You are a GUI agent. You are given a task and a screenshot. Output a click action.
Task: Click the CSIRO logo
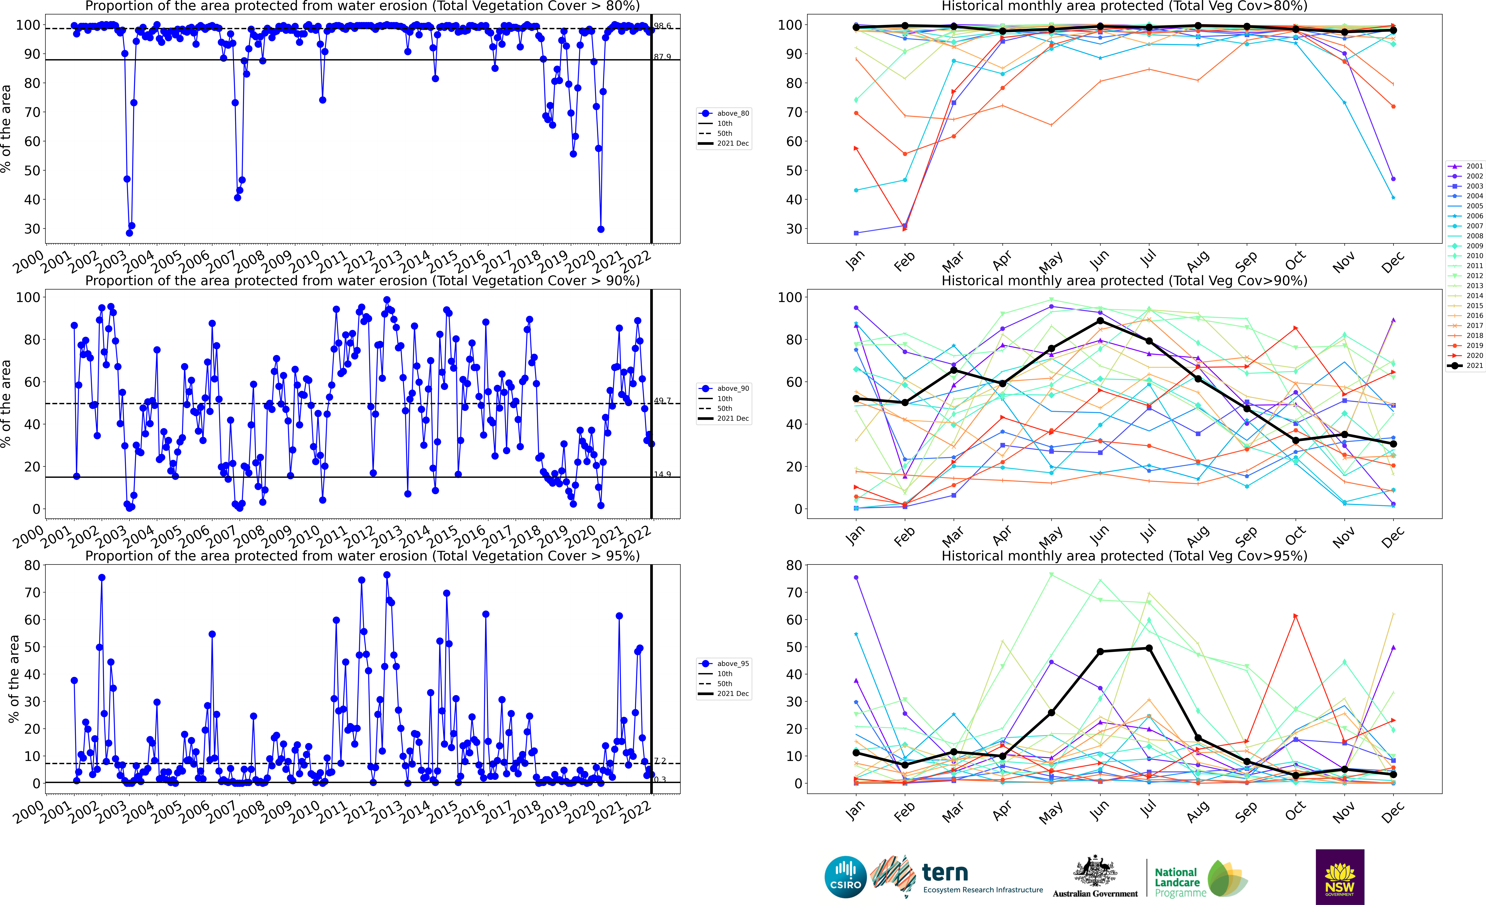click(x=845, y=877)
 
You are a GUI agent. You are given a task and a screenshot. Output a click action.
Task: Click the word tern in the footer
click(x=945, y=872)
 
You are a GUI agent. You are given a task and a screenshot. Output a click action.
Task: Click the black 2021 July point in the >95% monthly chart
click(x=1149, y=648)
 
